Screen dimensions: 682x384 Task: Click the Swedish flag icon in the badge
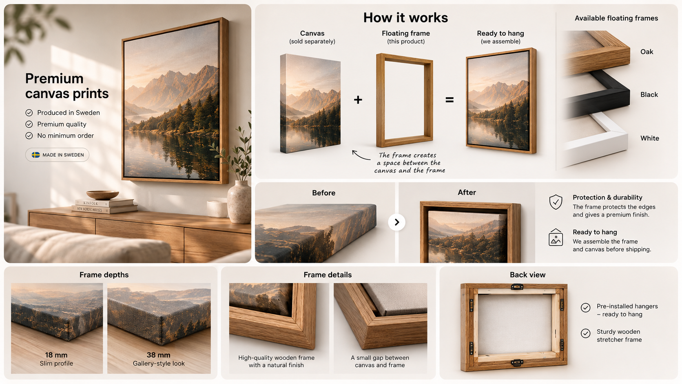(x=35, y=155)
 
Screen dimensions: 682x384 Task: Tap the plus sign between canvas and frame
(x=358, y=100)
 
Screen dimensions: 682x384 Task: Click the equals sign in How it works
(x=449, y=100)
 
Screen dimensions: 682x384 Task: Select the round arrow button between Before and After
(x=396, y=222)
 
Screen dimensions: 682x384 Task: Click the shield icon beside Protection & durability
(x=556, y=202)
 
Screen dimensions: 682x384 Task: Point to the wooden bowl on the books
(x=103, y=195)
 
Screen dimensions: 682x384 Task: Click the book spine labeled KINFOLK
(x=104, y=203)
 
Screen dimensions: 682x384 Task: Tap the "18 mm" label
(x=56, y=355)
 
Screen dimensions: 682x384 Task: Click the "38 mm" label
(x=158, y=355)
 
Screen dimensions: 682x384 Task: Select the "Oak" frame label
(x=647, y=52)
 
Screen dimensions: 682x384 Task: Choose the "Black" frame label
(x=649, y=95)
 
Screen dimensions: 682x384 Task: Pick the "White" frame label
(x=650, y=138)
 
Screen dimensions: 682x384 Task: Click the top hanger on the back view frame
(x=517, y=286)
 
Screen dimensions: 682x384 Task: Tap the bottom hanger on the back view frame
(x=517, y=362)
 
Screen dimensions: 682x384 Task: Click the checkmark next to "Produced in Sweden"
(x=29, y=113)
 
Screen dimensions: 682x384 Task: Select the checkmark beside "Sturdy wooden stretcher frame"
(x=585, y=333)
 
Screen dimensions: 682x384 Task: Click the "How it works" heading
(x=405, y=18)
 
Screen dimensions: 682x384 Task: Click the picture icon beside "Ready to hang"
(x=556, y=238)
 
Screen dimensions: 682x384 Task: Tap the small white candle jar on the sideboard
(x=217, y=209)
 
